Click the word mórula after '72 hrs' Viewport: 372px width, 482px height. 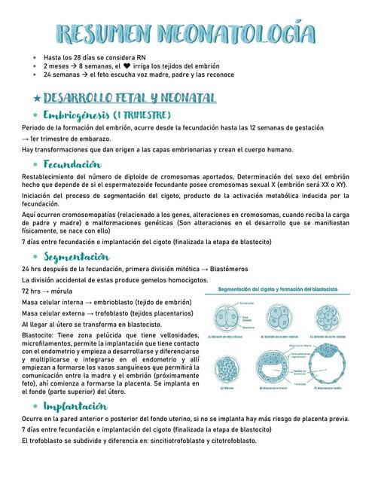click(60, 291)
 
